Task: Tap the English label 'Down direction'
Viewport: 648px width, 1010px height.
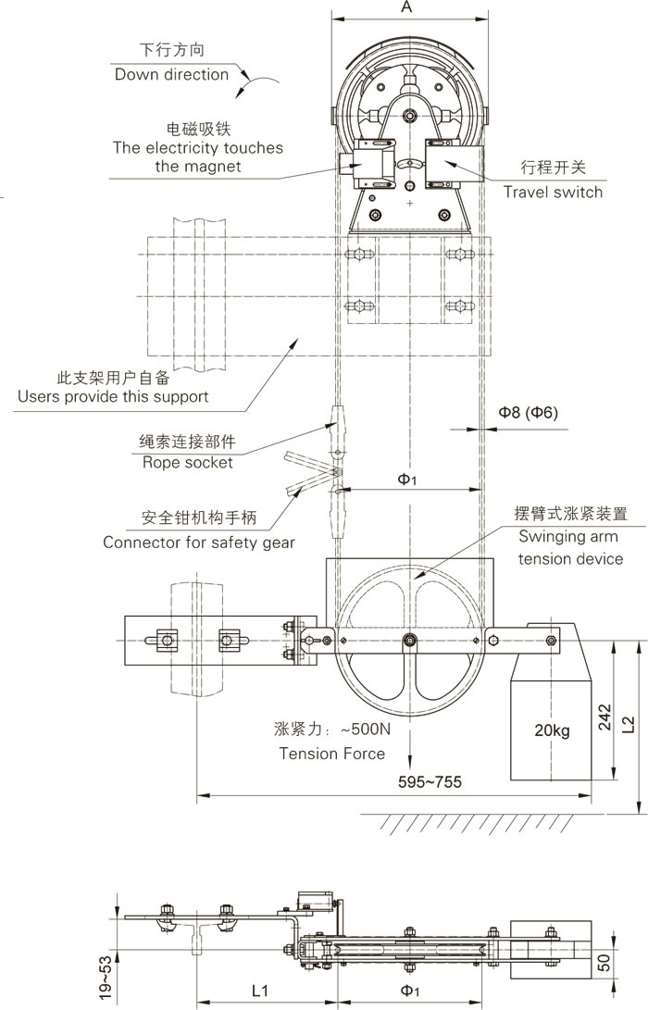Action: tap(171, 75)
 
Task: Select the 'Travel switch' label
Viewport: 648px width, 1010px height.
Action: tap(553, 193)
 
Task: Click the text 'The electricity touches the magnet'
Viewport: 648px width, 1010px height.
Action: tap(198, 156)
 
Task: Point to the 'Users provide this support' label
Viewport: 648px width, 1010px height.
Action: tap(113, 396)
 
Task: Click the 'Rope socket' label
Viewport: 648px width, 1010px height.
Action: tap(187, 462)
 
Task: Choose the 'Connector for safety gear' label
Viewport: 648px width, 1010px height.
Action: tap(199, 542)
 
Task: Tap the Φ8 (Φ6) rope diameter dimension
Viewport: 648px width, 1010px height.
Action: tap(528, 412)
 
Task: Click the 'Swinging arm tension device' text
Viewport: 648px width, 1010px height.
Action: tap(570, 547)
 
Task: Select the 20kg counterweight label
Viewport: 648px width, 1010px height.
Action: tap(552, 731)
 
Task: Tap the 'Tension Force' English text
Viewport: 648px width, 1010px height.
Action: tap(332, 754)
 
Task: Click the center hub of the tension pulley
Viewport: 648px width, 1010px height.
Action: tap(410, 640)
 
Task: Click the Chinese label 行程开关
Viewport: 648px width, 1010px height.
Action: tap(554, 168)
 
